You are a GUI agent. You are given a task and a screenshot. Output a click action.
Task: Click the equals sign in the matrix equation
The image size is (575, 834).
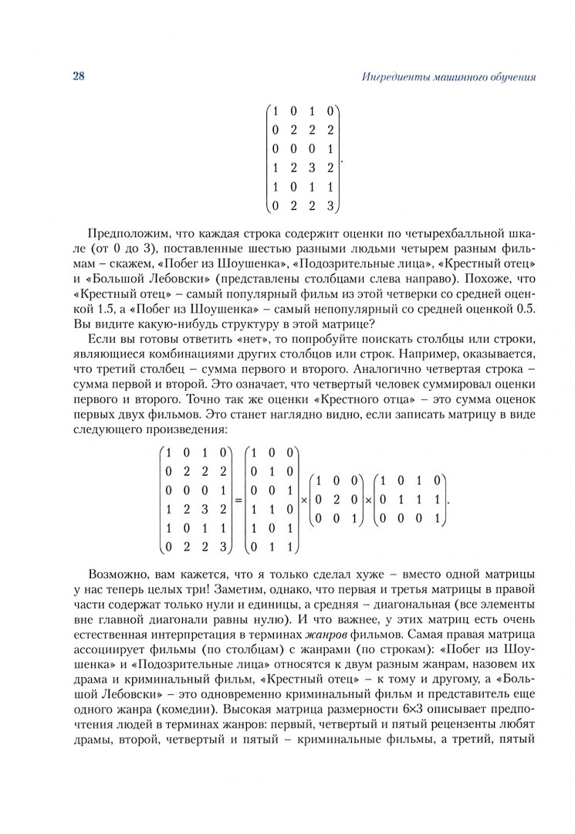pos(238,500)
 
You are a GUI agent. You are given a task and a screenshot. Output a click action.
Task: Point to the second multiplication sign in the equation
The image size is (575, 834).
pos(367,500)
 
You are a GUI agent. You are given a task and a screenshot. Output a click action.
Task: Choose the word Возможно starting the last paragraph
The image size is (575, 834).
pos(118,575)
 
